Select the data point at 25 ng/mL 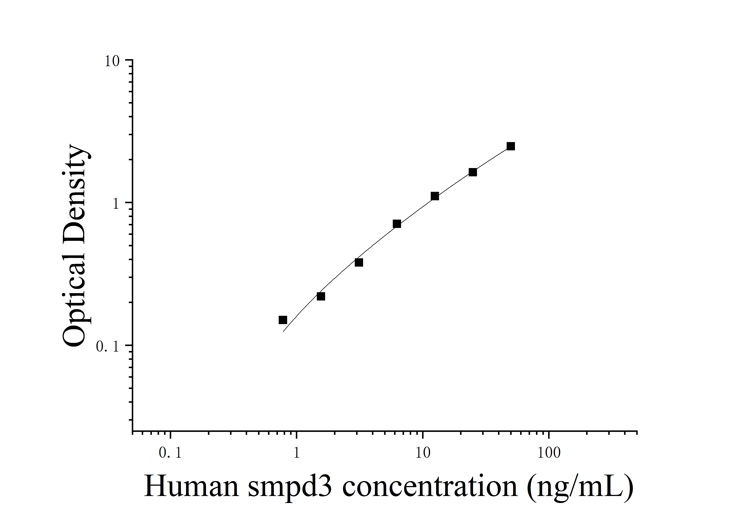[x=473, y=172]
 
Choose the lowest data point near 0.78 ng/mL [x=283, y=320]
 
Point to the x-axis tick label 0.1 [x=170, y=453]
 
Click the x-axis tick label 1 [x=297, y=453]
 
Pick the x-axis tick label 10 [x=423, y=453]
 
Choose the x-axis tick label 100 [x=549, y=453]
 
